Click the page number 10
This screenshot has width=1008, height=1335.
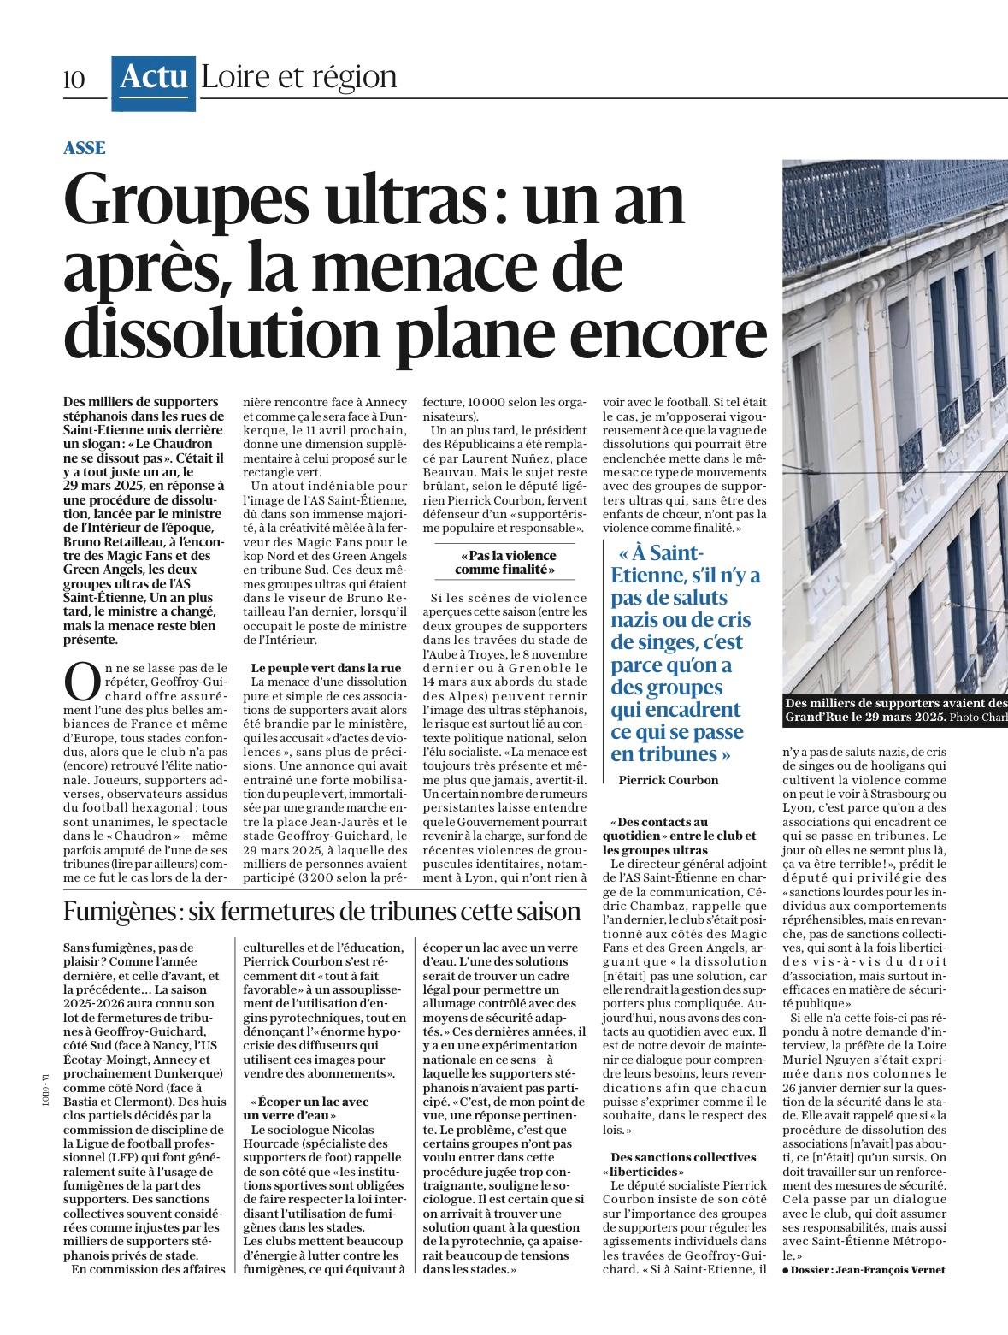click(x=74, y=80)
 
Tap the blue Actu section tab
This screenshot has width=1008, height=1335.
click(x=154, y=77)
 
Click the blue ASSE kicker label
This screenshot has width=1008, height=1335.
click(x=85, y=148)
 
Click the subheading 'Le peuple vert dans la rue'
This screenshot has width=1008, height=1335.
click(x=326, y=667)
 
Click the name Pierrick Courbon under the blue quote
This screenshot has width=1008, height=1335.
click(x=669, y=780)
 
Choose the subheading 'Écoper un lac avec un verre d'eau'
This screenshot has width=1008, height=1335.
click(x=307, y=1108)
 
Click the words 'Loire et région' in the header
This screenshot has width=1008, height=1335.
click(x=298, y=77)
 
